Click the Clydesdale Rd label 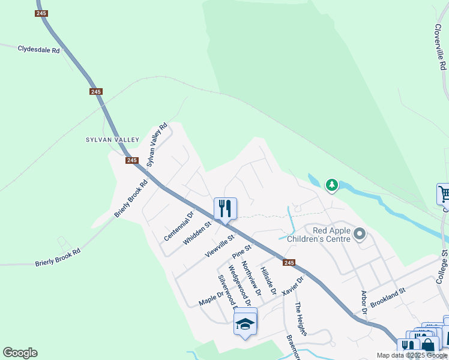(39, 50)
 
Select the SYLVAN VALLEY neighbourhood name (112, 140)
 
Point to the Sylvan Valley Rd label (157, 144)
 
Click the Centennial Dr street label (179, 226)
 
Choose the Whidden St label (197, 233)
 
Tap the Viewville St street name (218, 246)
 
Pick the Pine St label (241, 252)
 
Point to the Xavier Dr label (293, 285)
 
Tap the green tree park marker (332, 185)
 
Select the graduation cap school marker (245, 324)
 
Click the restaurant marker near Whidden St (226, 209)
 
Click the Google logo (20, 353)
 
